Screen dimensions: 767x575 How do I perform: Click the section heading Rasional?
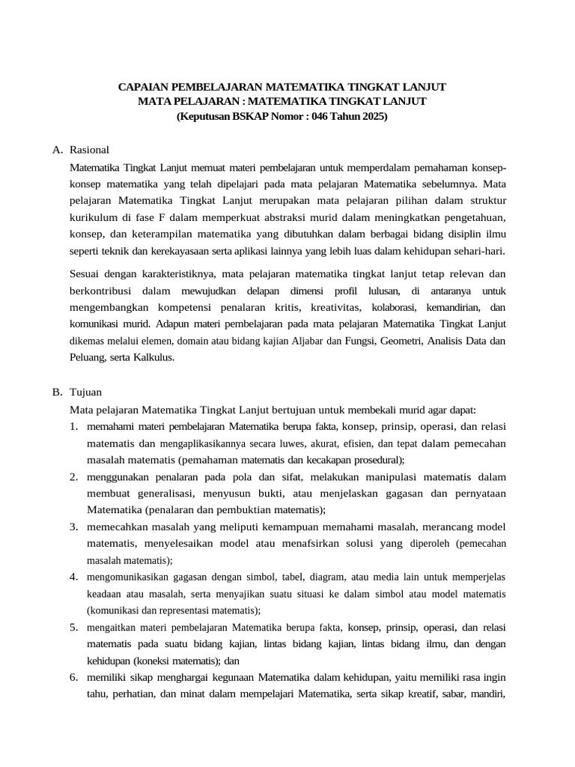click(89, 150)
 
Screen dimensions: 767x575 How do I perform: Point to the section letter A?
click(58, 150)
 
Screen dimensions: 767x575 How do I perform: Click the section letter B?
click(58, 392)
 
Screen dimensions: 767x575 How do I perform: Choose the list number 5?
click(74, 627)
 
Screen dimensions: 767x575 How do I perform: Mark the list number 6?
click(74, 677)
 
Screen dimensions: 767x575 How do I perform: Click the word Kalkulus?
click(153, 358)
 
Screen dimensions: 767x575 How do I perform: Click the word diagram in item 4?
click(332, 577)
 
